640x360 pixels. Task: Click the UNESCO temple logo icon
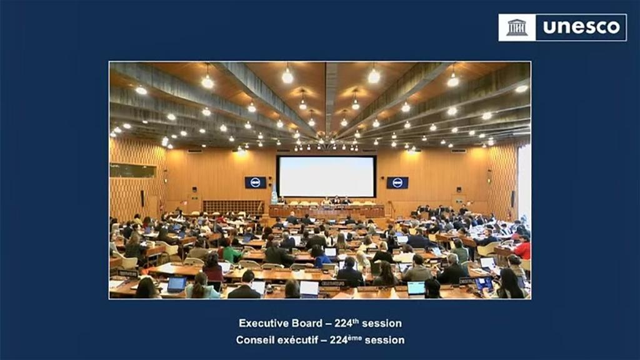click(517, 27)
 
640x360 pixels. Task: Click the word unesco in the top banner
click(581, 27)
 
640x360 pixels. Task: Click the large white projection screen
click(326, 176)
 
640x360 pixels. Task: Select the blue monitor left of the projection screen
click(255, 182)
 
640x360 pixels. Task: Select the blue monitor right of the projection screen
click(397, 182)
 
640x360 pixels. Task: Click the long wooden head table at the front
click(326, 211)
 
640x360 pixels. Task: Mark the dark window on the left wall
click(132, 170)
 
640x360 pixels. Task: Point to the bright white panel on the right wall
click(524, 181)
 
